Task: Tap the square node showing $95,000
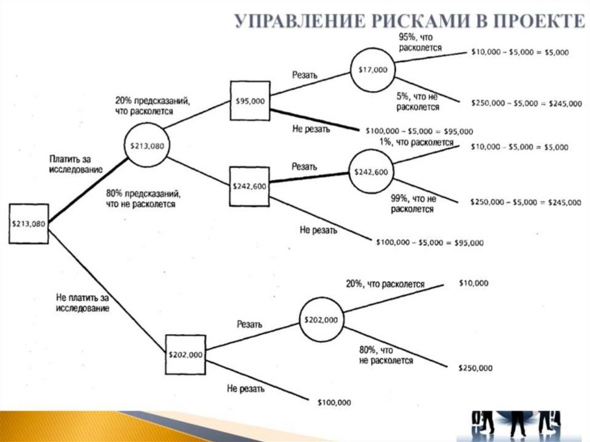(250, 100)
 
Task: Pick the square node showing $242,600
(249, 186)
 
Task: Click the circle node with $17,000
(373, 70)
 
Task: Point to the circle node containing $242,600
(371, 172)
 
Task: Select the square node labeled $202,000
(186, 354)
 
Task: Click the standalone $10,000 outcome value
(473, 283)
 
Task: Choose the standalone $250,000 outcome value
(475, 368)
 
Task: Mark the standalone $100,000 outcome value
(334, 402)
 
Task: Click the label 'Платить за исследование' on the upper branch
(75, 164)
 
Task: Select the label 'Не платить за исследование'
(82, 303)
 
